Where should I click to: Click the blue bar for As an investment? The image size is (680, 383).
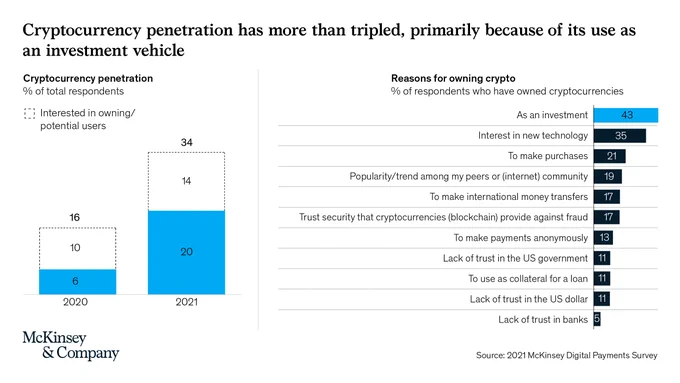point(626,115)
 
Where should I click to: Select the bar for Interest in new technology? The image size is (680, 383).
point(620,135)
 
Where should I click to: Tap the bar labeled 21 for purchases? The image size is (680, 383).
point(609,156)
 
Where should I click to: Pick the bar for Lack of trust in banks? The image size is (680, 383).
point(597,319)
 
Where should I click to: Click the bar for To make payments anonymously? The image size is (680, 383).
point(603,238)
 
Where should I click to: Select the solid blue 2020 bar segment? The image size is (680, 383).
point(78,282)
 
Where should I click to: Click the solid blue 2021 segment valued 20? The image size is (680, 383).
point(186,252)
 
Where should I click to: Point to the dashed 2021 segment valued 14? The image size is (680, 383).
point(186,181)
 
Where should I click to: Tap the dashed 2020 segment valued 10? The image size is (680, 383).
point(78,248)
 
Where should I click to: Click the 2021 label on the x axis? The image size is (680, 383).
point(186,302)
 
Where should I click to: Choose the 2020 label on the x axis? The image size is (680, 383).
point(75,302)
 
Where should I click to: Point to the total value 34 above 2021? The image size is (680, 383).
point(186,142)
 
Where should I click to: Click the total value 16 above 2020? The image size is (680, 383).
point(75,217)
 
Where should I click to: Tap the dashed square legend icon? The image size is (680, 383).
point(29,114)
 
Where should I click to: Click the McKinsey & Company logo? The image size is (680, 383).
point(71,346)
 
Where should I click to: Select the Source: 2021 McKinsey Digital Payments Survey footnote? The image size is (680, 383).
point(566,355)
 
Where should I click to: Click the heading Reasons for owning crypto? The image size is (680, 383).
point(453,79)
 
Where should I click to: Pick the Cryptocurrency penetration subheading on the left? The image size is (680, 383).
point(88,79)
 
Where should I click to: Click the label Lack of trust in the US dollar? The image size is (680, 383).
point(529,299)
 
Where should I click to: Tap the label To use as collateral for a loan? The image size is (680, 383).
point(528,278)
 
